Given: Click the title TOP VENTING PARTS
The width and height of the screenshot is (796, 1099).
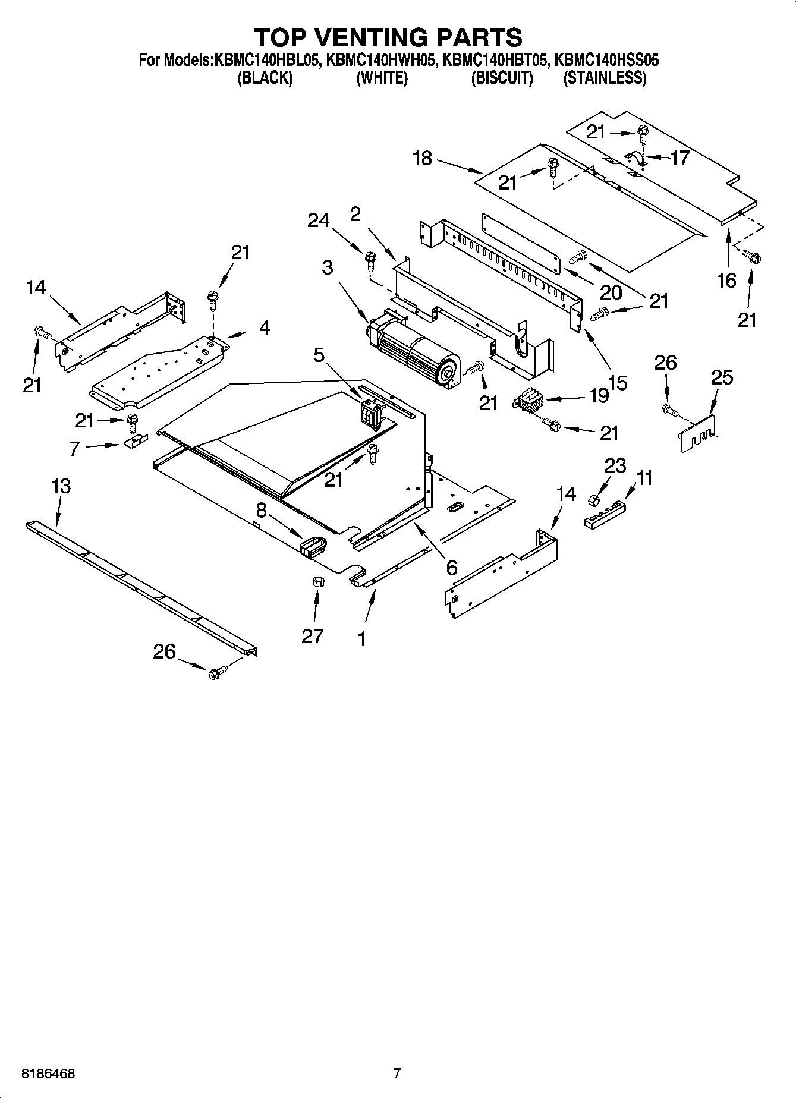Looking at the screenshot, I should click(x=388, y=37).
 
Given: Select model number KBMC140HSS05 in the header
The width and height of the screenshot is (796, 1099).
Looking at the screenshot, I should click(x=606, y=60).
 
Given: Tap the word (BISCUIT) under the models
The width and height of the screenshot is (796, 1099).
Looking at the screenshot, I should click(x=502, y=78).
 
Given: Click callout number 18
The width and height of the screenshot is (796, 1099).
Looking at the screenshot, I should click(x=422, y=159).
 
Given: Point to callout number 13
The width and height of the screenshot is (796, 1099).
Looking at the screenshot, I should click(x=61, y=486).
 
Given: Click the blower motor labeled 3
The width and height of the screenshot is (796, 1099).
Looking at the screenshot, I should click(x=413, y=352).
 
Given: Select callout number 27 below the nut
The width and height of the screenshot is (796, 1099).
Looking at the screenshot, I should click(x=312, y=636).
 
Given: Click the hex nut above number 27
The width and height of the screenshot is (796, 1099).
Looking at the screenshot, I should click(x=317, y=581).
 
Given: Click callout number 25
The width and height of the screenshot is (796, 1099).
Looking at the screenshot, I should click(x=722, y=377).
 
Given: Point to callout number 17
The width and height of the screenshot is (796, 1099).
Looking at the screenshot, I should click(x=679, y=158).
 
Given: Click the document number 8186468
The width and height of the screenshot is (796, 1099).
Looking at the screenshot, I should click(x=48, y=1074).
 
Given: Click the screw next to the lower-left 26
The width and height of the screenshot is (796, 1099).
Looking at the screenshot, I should click(x=215, y=673).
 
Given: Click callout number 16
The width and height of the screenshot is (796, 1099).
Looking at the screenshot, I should click(x=726, y=280).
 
